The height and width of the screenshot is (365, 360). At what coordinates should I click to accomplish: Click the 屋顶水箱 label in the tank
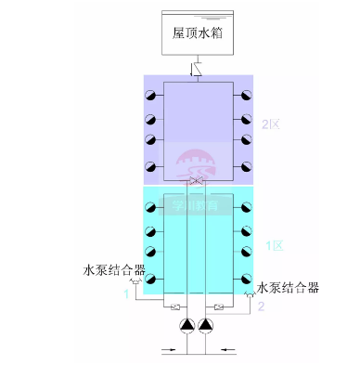coord(198,32)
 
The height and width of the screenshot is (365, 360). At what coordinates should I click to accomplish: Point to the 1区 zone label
coord(274,245)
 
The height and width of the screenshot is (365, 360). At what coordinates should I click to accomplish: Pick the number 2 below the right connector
coord(262,306)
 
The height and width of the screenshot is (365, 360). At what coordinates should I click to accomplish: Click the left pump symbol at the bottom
coord(186,326)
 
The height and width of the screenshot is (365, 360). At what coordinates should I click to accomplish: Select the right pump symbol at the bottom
coord(206,326)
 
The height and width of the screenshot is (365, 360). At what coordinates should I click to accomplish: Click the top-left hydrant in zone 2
coord(148,96)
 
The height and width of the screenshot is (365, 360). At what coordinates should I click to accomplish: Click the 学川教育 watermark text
coord(195,206)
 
